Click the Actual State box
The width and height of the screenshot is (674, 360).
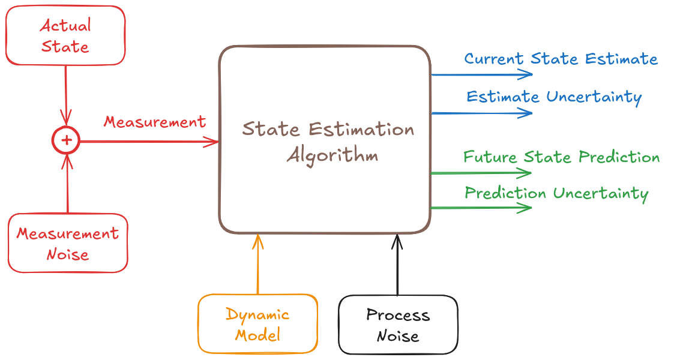tap(65, 35)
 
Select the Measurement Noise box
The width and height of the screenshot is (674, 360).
tap(68, 243)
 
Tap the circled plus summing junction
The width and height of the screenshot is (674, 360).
tap(66, 140)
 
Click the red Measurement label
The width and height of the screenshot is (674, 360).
tap(155, 122)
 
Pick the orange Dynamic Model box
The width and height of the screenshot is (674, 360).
tap(257, 323)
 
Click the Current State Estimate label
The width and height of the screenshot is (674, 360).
tap(561, 59)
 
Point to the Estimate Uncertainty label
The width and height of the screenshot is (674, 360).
tap(554, 97)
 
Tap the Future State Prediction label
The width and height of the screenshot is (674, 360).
tap(561, 157)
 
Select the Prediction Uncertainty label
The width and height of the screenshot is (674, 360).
tap(556, 193)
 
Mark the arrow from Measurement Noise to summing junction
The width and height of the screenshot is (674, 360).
tap(68, 183)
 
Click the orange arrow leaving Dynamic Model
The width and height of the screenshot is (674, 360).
tap(258, 264)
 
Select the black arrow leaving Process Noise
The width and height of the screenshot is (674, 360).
tap(397, 264)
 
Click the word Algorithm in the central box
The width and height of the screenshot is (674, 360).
tap(332, 155)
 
